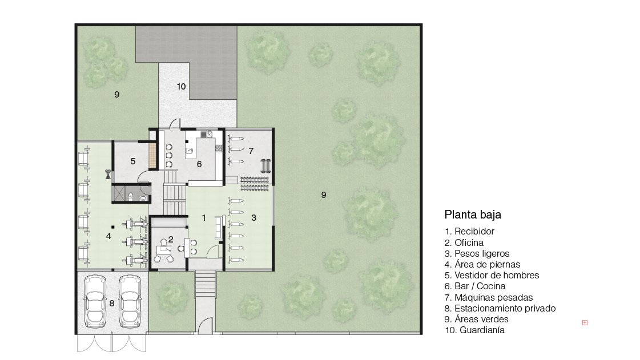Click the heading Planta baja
(473, 215)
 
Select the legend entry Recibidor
(469, 231)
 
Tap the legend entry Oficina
(464, 242)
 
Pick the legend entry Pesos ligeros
(477, 253)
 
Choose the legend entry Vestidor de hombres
(492, 275)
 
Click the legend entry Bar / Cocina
(475, 286)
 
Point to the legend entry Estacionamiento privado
(500, 308)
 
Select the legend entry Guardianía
(474, 330)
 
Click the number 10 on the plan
(181, 86)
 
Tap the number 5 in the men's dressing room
(133, 161)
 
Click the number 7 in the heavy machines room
(251, 151)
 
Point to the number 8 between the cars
(112, 304)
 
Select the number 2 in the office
(171, 239)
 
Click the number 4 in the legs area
(108, 236)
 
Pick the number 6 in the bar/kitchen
(199, 164)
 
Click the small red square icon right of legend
(585, 322)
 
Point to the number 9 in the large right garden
(324, 195)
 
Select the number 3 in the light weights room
(254, 218)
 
